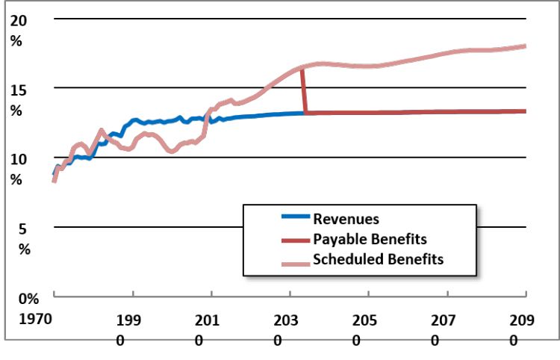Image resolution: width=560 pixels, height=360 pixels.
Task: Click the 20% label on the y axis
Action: click(18, 31)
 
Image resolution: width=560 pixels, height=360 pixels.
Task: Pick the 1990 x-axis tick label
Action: click(128, 330)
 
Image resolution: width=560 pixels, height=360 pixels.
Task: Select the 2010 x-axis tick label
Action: click(207, 330)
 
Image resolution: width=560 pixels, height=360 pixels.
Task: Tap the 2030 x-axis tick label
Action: click(286, 330)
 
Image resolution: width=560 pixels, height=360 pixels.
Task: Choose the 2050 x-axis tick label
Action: click(364, 330)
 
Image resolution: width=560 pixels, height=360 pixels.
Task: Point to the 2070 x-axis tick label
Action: click(443, 330)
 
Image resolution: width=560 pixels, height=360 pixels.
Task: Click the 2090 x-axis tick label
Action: click(522, 330)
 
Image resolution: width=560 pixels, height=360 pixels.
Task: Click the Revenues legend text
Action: click(346, 219)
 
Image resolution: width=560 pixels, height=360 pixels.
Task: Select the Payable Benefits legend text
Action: click(370, 239)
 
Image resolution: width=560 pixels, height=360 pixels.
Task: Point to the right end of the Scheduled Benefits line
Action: click(525, 46)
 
